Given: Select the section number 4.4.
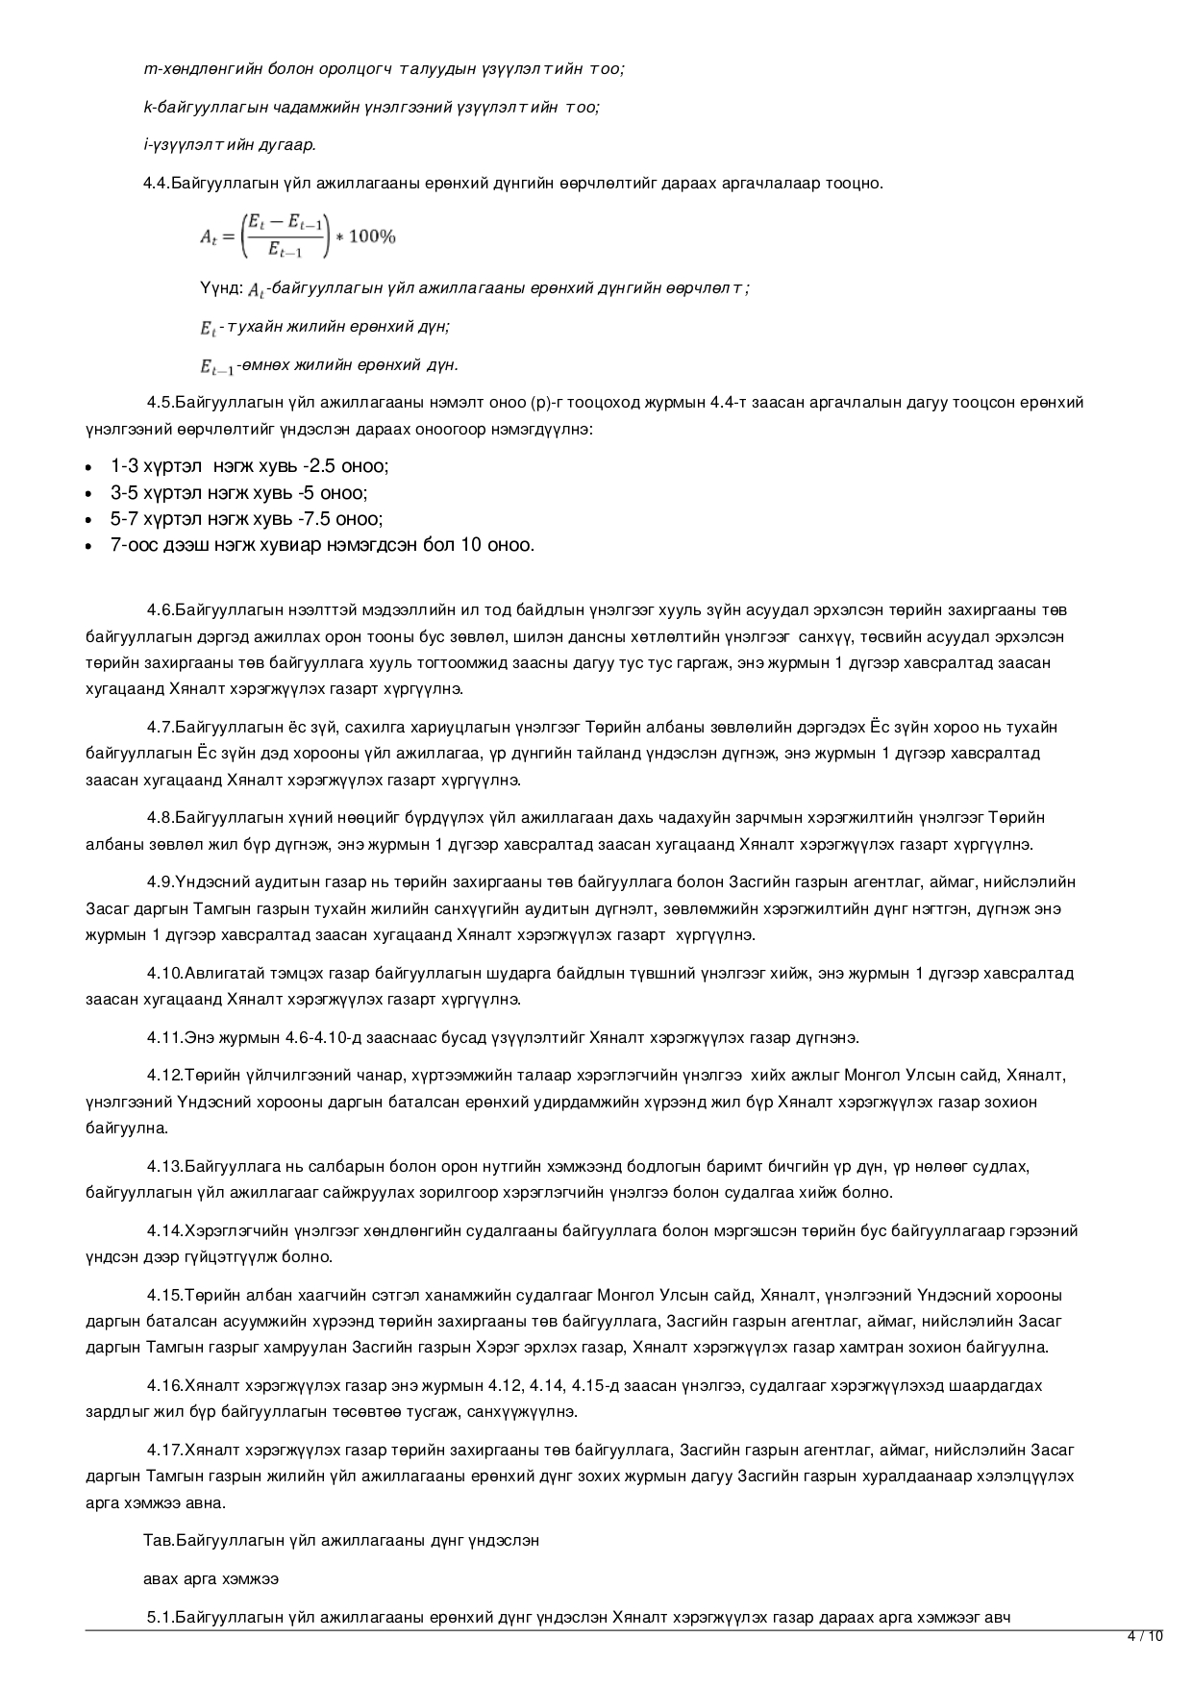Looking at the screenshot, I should point(156,183).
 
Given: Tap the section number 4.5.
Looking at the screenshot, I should point(161,402).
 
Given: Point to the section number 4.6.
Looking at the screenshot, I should point(161,609).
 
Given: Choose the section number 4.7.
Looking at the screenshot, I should point(161,727).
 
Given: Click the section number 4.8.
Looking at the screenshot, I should point(161,818).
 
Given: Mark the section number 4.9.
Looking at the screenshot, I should point(161,882).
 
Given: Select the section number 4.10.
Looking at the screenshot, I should point(164,974).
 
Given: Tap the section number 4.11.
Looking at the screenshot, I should point(164,1038).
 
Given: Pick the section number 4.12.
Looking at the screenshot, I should point(164,1075).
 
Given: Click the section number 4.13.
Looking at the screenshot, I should point(164,1167).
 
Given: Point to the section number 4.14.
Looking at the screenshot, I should point(164,1230).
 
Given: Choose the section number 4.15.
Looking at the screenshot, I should point(164,1295).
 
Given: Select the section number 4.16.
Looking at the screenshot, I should point(164,1386).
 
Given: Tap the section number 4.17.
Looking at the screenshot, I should point(164,1450).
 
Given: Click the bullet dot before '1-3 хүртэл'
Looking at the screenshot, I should point(88,468).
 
